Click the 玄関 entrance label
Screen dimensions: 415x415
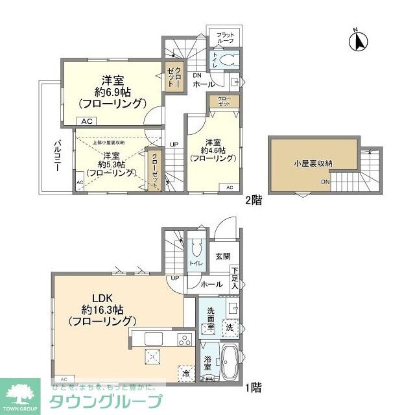pyautogui.click(x=222, y=256)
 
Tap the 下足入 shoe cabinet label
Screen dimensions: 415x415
pyautogui.click(x=235, y=278)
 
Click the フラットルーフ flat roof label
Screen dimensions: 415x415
pyautogui.click(x=225, y=38)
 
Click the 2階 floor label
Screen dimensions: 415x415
pyautogui.click(x=254, y=200)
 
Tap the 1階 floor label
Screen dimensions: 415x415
pyautogui.click(x=254, y=388)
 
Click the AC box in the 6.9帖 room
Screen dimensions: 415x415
pyautogui.click(x=86, y=121)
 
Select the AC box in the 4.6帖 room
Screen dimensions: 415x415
pyautogui.click(x=230, y=187)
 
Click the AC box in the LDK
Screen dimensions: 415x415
pyautogui.click(x=63, y=378)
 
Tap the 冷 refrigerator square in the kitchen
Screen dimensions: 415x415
pyautogui.click(x=186, y=373)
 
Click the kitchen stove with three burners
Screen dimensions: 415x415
pyautogui.click(x=184, y=339)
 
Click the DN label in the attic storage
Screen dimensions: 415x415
pyautogui.click(x=324, y=182)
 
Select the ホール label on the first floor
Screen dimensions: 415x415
pyautogui.click(x=211, y=283)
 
